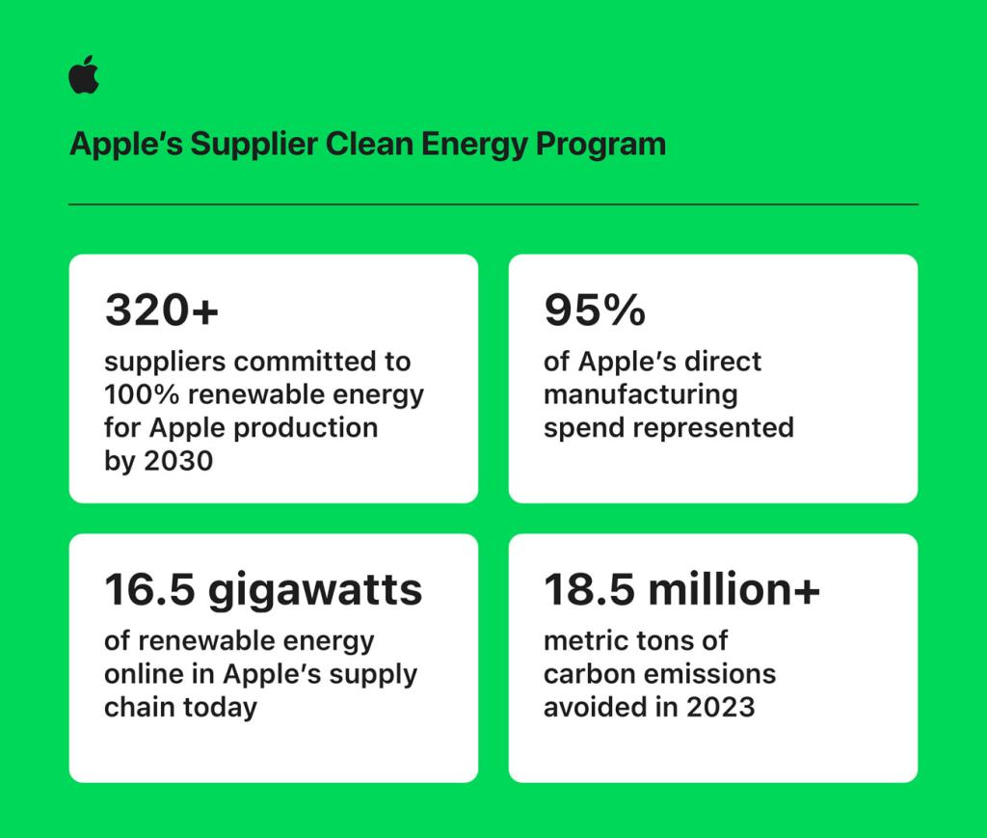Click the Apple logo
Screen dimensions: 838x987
(x=84, y=75)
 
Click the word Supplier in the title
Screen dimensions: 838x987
(x=253, y=144)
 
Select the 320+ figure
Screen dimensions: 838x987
(x=162, y=311)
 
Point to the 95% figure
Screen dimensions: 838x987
(x=594, y=311)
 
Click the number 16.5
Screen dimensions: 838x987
(x=149, y=589)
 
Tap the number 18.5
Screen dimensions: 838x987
(x=589, y=589)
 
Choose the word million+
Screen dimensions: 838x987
(x=734, y=589)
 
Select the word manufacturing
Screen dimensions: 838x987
(x=640, y=394)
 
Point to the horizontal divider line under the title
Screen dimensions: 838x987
(x=493, y=204)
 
